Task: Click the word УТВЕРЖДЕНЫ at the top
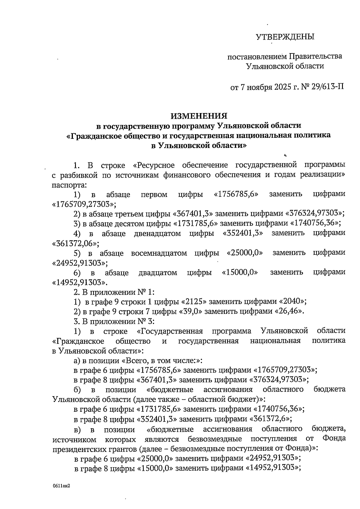[285, 37]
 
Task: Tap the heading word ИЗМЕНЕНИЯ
[199, 116]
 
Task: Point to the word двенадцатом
[157, 233]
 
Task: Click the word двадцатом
[158, 273]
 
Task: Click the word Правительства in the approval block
[316, 56]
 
